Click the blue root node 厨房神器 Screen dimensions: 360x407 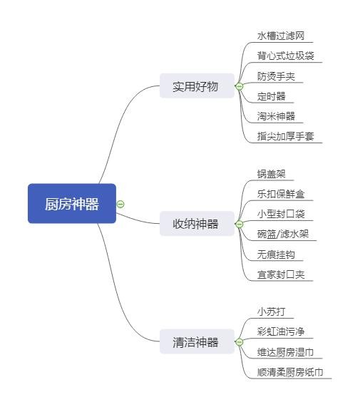click(72, 204)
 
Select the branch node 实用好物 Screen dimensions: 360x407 click(197, 86)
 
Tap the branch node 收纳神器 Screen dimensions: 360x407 click(197, 224)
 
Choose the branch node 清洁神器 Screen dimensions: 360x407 click(197, 341)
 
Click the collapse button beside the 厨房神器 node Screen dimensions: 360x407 click(120, 204)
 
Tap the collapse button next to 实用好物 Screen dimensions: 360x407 click(240, 86)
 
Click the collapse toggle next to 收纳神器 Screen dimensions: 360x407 click(240, 224)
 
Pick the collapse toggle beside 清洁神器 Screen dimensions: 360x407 click(240, 342)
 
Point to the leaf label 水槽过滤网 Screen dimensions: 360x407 click(281, 36)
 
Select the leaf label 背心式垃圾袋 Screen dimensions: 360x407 click(286, 56)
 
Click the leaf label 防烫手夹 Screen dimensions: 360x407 click(276, 76)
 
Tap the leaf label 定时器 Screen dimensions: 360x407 click(271, 96)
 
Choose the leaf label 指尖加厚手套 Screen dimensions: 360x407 click(286, 136)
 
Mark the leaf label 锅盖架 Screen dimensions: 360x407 click(271, 174)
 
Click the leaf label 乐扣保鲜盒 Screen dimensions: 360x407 click(281, 194)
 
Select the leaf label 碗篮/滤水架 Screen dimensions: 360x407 click(283, 234)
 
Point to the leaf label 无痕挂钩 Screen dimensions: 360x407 click(276, 254)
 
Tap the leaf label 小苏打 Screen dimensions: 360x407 click(271, 311)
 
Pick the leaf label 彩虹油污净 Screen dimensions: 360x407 click(281, 331)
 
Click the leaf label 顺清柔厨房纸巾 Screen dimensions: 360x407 click(290, 372)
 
